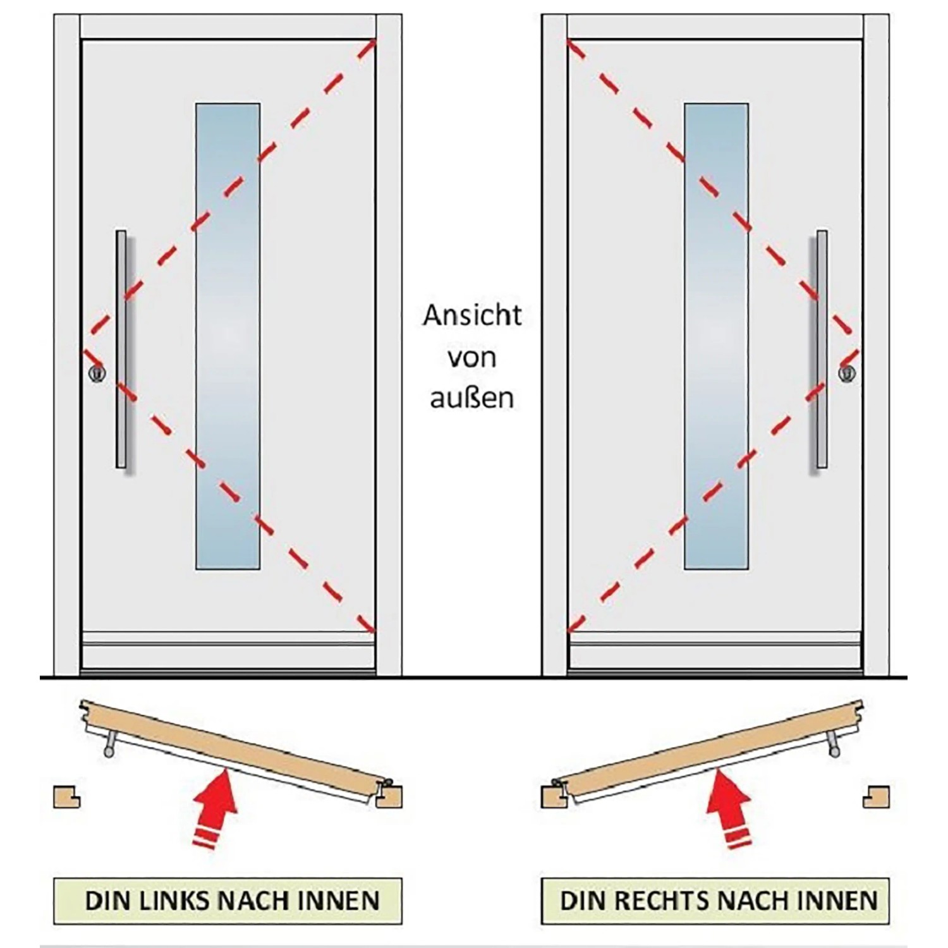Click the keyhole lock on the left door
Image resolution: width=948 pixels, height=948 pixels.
(x=97, y=373)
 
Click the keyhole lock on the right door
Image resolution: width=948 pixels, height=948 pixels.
(x=847, y=373)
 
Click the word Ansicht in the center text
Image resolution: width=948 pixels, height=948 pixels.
(x=472, y=315)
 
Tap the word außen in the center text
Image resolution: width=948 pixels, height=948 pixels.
(x=472, y=399)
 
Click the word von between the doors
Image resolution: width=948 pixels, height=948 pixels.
(x=472, y=358)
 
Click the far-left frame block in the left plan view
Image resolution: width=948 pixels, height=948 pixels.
(x=65, y=796)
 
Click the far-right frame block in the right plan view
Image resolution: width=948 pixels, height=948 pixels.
(x=877, y=796)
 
